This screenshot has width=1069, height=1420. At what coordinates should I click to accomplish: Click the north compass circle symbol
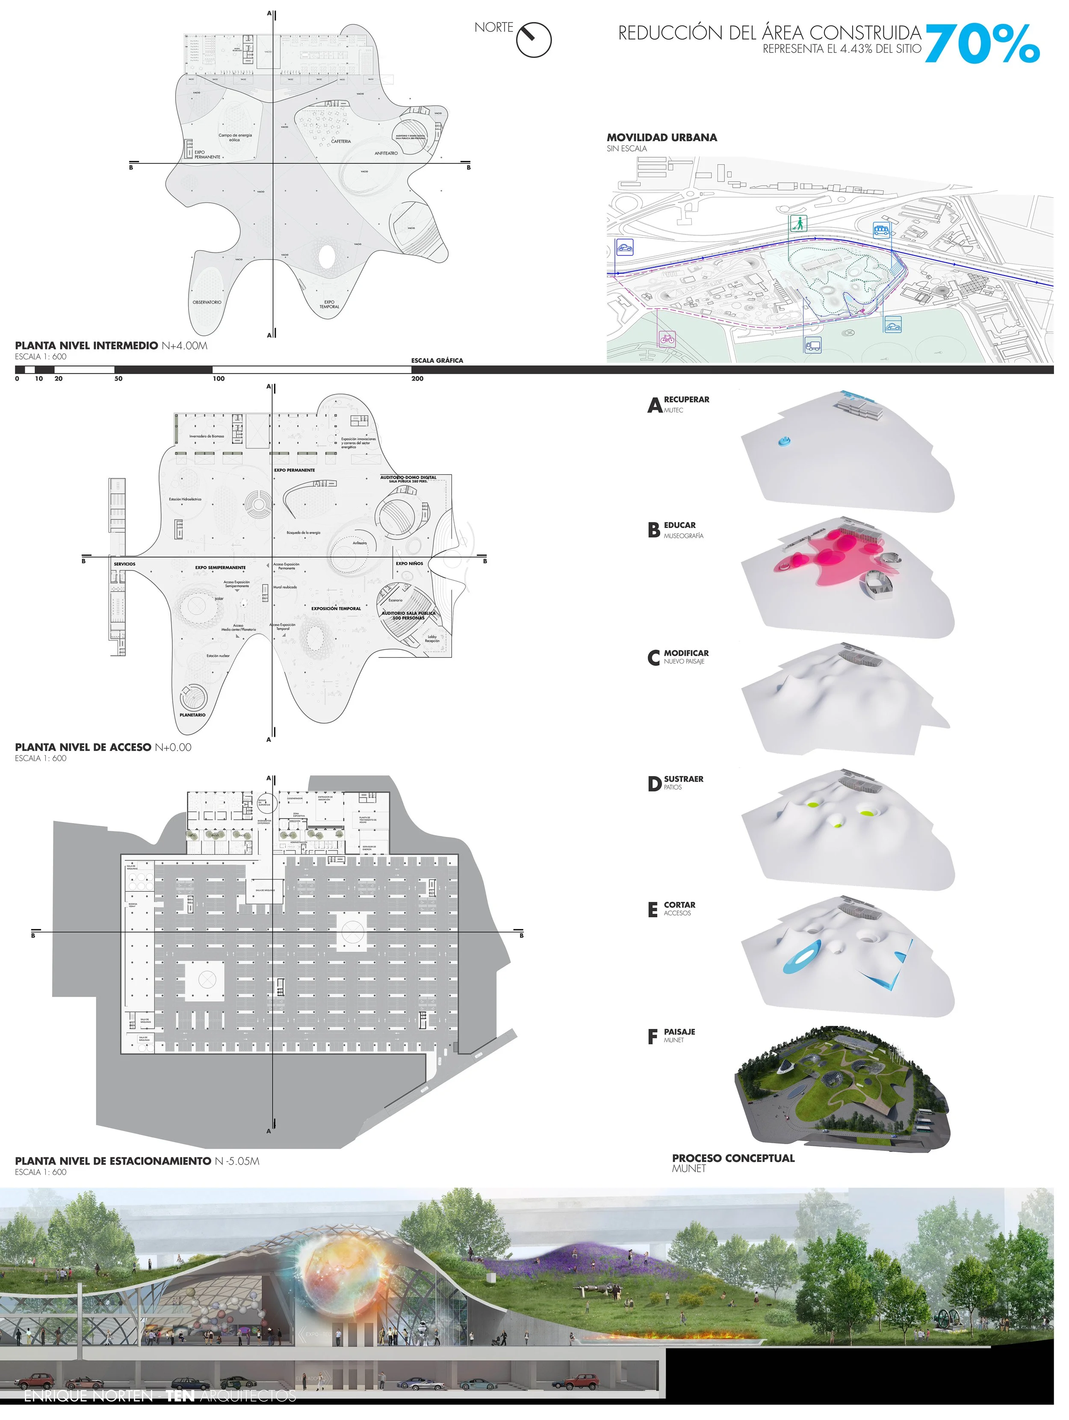534,40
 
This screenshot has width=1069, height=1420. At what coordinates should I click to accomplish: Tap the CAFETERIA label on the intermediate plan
341,141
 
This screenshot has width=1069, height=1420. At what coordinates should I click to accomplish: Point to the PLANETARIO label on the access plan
192,714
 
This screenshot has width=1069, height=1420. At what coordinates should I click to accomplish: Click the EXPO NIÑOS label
409,563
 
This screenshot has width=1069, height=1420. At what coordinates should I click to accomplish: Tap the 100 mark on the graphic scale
219,379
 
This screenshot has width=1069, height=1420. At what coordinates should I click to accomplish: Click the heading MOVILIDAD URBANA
661,137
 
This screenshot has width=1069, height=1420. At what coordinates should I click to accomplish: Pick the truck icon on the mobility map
812,345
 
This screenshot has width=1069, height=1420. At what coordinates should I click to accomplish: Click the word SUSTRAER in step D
683,779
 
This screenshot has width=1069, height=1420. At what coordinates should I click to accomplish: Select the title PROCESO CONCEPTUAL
733,1158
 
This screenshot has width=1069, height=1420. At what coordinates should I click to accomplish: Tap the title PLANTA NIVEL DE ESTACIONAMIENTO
113,1161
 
